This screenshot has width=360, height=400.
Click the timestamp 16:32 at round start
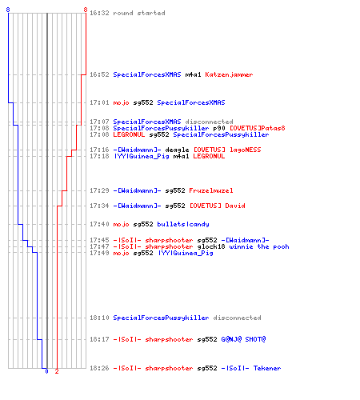[99, 13]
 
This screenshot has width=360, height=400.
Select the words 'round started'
[139, 13]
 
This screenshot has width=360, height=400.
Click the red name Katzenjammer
[229, 74]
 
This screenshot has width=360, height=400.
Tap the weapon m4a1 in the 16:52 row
[193, 74]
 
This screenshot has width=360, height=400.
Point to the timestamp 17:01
[99, 102]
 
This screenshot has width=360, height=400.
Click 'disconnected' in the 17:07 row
[209, 122]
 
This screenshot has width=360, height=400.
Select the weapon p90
[219, 128]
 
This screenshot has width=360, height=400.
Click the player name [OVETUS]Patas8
[258, 128]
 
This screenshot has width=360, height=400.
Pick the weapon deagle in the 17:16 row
[177, 150]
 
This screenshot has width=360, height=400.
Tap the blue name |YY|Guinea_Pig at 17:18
[142, 156]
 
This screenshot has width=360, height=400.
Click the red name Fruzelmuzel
[211, 190]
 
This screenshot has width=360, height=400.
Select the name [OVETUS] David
[217, 206]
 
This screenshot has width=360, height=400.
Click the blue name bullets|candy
[183, 224]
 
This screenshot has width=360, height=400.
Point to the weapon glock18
[211, 246]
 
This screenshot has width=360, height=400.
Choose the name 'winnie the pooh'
[259, 246]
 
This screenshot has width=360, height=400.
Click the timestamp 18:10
[99, 318]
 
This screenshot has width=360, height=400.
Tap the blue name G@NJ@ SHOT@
[243, 339]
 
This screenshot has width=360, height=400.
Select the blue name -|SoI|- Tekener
[251, 368]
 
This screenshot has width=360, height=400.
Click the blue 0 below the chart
[46, 371]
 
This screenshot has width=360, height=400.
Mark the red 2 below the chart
[57, 371]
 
